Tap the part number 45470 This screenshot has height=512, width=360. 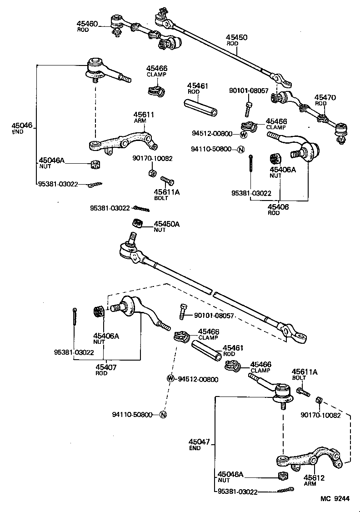coord(325,97)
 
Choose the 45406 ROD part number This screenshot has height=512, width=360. coord(279,206)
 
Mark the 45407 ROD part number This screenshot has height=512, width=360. coord(105,367)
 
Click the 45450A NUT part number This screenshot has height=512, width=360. coord(166,224)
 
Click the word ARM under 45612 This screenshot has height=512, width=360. coord(310,484)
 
